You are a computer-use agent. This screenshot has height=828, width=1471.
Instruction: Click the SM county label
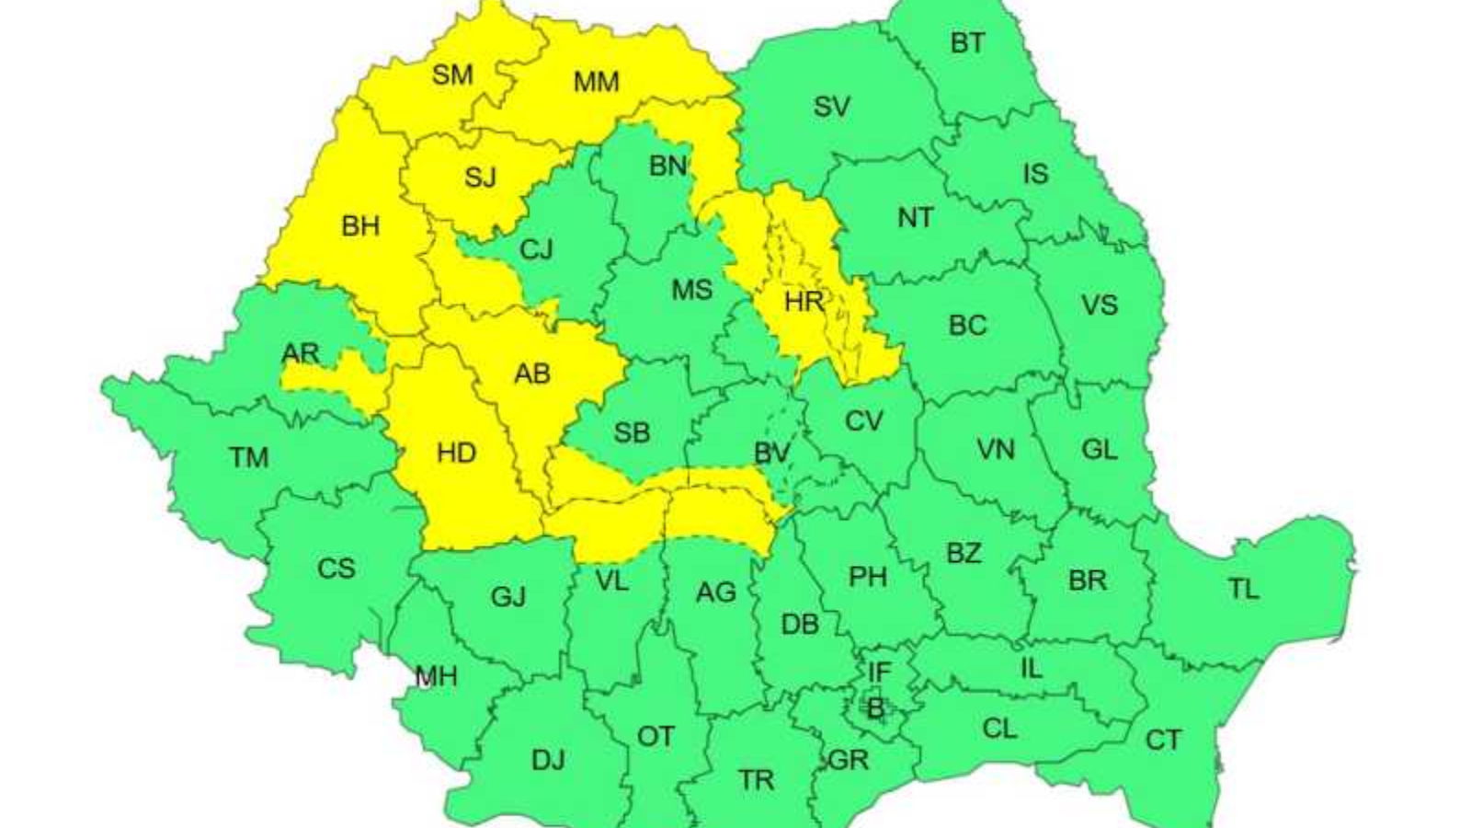(452, 75)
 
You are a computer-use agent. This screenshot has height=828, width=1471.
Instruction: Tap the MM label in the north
(596, 82)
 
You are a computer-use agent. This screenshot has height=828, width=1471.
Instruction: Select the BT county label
(966, 43)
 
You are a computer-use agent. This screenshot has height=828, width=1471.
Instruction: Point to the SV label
(831, 107)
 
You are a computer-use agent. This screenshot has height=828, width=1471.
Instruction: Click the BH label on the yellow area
(359, 225)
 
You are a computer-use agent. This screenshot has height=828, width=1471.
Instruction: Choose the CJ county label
(536, 249)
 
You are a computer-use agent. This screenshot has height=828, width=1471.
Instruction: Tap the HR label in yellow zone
(804, 301)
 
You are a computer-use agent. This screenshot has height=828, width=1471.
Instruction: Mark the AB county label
(531, 374)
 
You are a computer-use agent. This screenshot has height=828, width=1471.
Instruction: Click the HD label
(456, 453)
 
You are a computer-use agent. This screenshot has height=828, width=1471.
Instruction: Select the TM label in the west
(248, 457)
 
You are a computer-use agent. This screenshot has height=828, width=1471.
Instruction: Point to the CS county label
(336, 569)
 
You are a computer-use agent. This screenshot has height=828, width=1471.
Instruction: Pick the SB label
(632, 432)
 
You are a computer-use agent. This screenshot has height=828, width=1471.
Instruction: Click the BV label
(770, 453)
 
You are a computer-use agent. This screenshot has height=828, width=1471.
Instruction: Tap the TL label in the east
(1243, 589)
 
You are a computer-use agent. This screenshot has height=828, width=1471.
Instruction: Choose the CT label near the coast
(1163, 740)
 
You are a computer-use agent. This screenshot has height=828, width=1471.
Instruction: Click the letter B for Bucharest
(875, 708)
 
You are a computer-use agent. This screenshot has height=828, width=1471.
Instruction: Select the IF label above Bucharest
(879, 673)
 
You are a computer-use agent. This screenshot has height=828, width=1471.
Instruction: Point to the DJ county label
(548, 760)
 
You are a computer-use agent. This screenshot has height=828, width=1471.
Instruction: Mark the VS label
(1099, 305)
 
